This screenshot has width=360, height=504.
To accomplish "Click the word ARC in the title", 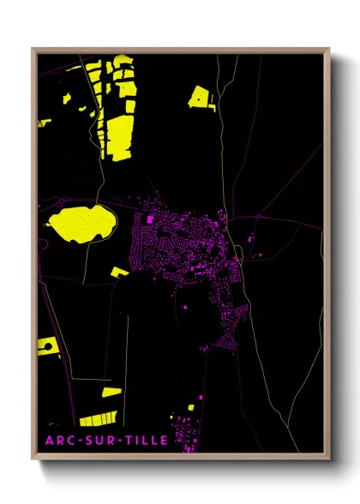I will [57, 441].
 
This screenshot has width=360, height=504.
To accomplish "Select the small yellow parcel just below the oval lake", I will [119, 273].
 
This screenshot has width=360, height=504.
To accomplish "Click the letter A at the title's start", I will [48, 441].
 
